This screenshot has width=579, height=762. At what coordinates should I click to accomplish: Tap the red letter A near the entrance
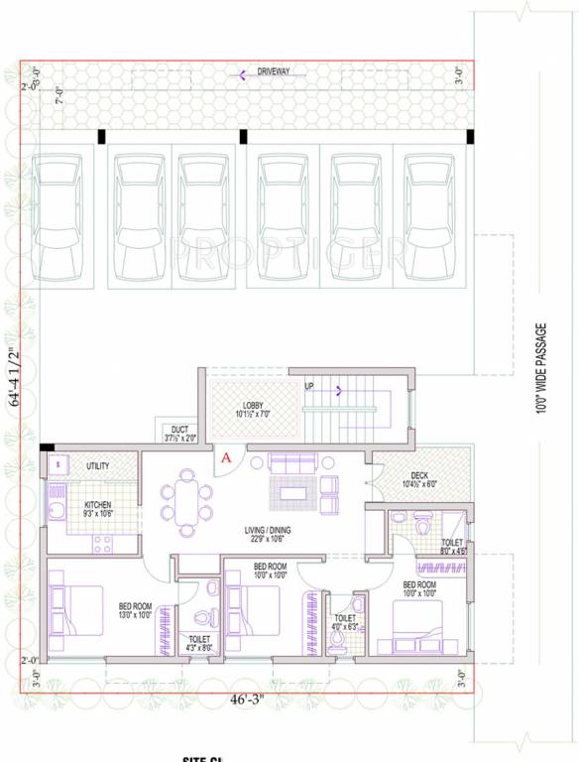[x=226, y=457]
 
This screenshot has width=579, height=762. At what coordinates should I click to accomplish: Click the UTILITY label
[x=97, y=465]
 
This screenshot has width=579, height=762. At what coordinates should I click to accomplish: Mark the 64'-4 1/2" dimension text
[x=14, y=378]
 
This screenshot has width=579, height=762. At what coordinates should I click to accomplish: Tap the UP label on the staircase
[x=308, y=387]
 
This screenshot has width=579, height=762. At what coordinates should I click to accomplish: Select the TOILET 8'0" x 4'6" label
[x=451, y=547]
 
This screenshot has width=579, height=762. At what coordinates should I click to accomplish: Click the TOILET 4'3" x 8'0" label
[x=198, y=643]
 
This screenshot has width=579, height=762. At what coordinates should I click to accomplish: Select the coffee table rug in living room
[x=293, y=491]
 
